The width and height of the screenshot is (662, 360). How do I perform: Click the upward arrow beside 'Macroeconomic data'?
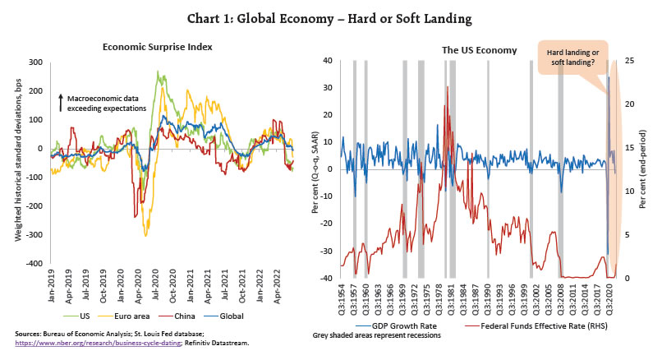(x=61, y=103)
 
